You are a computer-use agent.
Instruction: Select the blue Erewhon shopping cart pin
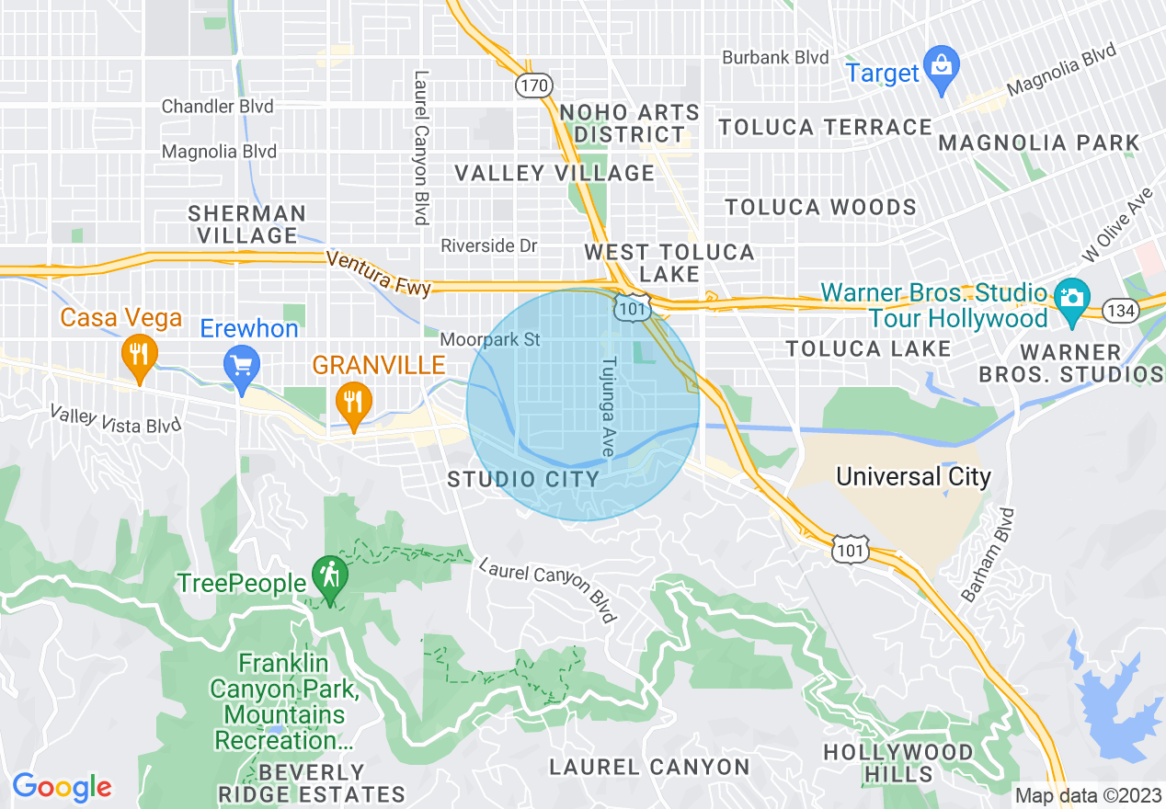pyautogui.click(x=242, y=367)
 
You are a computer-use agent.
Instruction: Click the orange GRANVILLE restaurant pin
pyautogui.click(x=351, y=403)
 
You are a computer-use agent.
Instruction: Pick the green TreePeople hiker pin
pyautogui.click(x=328, y=577)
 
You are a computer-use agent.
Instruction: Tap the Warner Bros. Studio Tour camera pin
pyautogui.click(x=1071, y=300)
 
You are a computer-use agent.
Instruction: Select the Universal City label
pyautogui.click(x=913, y=476)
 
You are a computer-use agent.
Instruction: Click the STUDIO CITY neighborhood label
pyautogui.click(x=523, y=479)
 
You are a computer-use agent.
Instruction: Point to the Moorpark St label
pyautogui.click(x=489, y=340)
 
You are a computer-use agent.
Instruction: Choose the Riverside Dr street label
pyautogui.click(x=489, y=246)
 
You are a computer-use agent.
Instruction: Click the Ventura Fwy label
pyautogui.click(x=378, y=274)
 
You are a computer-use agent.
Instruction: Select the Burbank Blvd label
pyautogui.click(x=775, y=57)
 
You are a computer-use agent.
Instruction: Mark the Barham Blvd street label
pyautogui.click(x=987, y=554)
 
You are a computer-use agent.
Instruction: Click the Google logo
pyautogui.click(x=62, y=786)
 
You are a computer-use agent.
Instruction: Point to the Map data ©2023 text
pyautogui.click(x=1086, y=795)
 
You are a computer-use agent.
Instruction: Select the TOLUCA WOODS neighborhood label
pyautogui.click(x=820, y=207)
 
